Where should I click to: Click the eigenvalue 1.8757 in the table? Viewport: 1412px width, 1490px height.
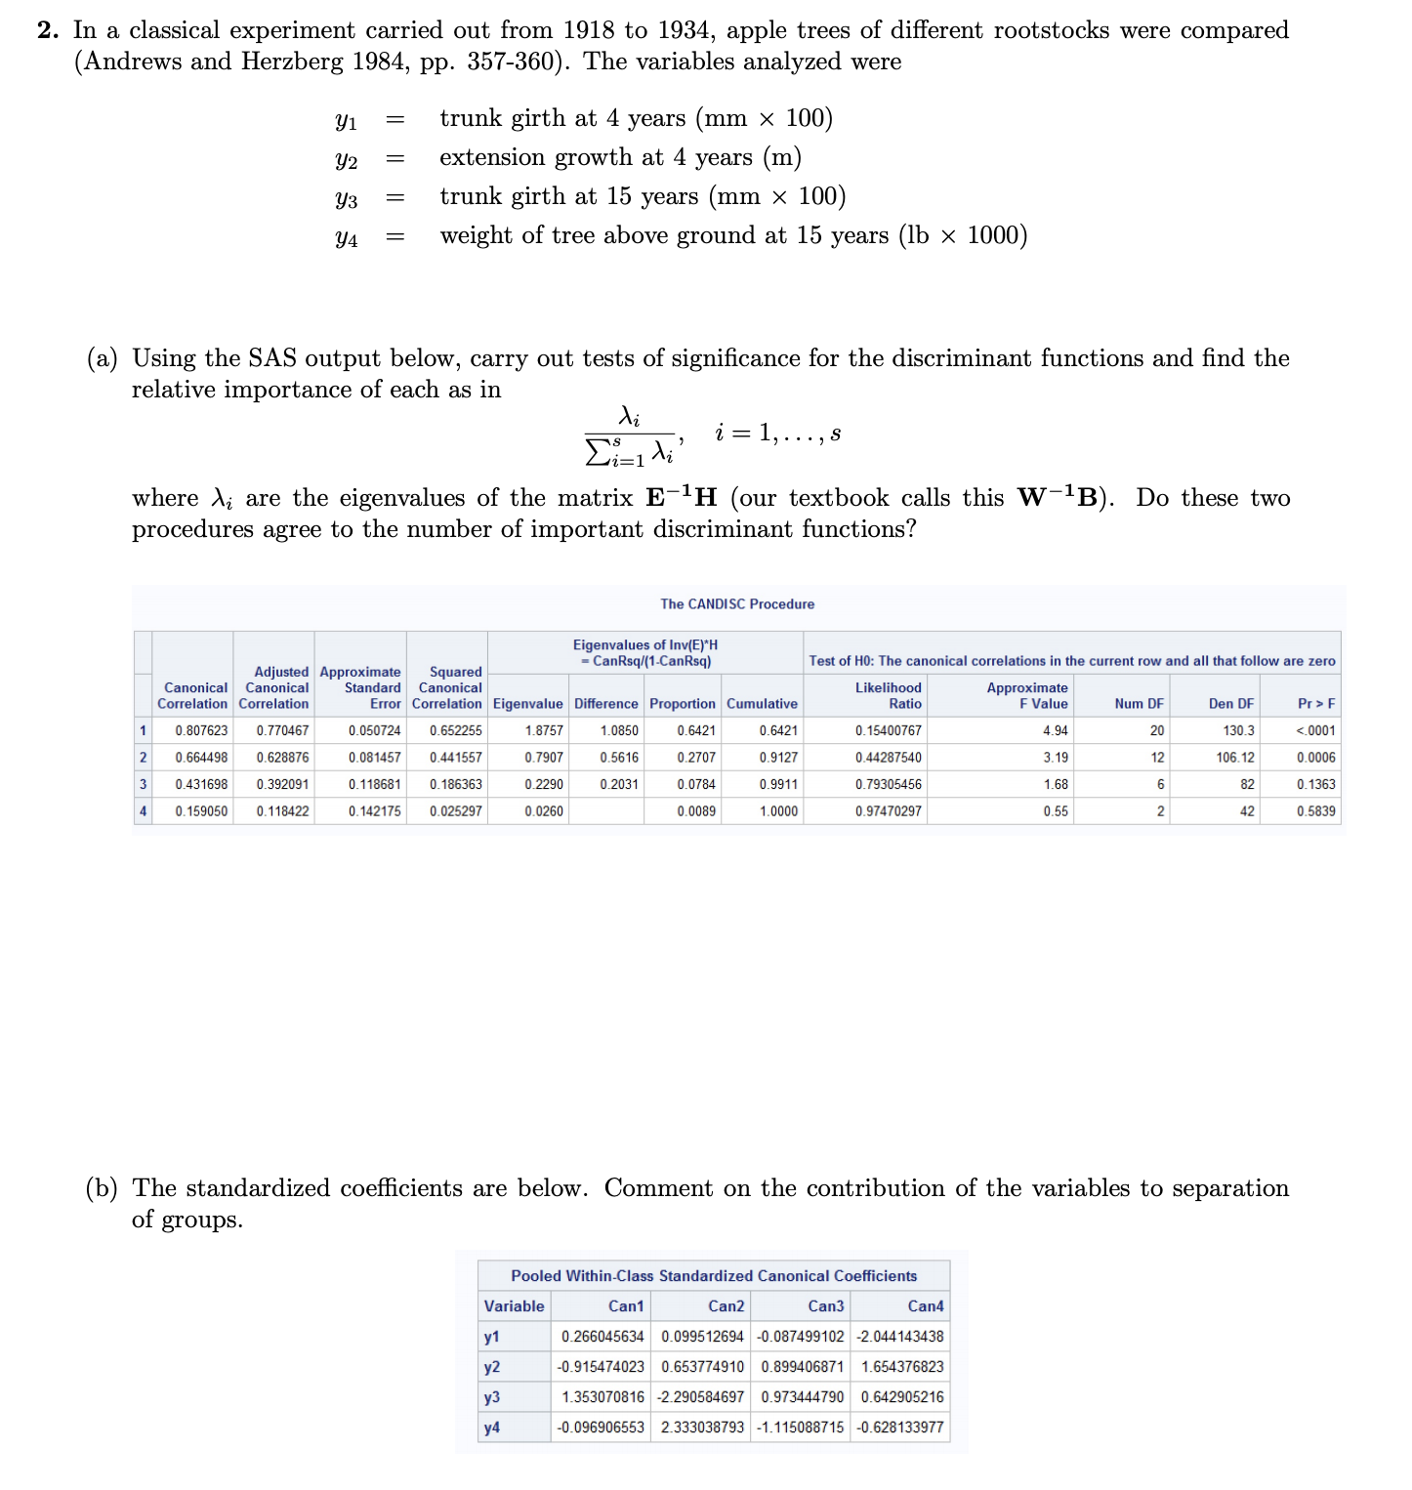[543, 730]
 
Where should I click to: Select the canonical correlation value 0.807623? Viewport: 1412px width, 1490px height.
[201, 730]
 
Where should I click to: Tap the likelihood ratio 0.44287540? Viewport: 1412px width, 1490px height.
[888, 758]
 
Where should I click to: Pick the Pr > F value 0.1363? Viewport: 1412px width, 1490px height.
[1315, 784]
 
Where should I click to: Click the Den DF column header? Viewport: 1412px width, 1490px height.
[1230, 704]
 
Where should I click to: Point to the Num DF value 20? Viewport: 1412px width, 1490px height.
[1156, 730]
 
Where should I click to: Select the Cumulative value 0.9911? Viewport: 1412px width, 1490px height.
[777, 784]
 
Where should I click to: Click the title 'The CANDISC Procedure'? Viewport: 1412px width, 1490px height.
[737, 604]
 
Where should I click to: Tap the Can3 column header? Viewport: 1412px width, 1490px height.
[825, 1306]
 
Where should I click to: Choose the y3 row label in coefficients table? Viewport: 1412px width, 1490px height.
[492, 1397]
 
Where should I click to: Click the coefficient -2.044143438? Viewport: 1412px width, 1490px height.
[899, 1337]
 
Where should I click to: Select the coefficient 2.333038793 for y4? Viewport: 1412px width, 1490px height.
[702, 1428]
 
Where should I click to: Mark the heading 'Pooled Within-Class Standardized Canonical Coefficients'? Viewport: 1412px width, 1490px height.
[714, 1276]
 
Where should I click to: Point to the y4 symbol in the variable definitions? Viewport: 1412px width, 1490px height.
[346, 237]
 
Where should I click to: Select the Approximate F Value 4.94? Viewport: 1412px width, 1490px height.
[1055, 730]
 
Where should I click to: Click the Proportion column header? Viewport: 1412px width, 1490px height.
[682, 704]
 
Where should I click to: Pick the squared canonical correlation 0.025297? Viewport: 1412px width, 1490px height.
[455, 811]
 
